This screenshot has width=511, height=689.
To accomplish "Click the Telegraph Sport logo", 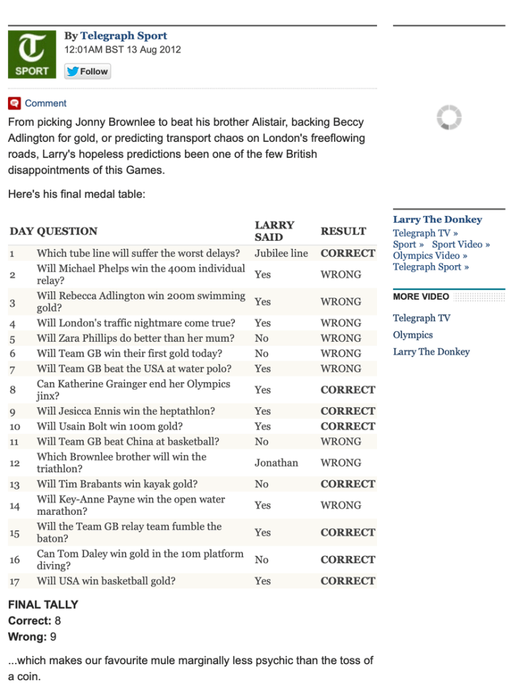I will tap(32, 54).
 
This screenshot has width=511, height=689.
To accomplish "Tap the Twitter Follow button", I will tap(88, 71).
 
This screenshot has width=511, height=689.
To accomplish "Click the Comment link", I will tap(45, 103).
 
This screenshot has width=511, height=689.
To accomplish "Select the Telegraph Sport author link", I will tap(123, 36).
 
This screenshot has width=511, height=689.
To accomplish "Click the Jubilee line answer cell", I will tap(281, 254).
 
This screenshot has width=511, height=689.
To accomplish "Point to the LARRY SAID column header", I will tap(274, 231).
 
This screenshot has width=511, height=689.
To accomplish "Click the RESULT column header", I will tap(343, 231).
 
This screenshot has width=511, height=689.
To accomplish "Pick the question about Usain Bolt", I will tap(110, 426).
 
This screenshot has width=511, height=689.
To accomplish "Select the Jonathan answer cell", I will tap(276, 463).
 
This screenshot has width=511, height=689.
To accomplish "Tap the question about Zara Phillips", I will tap(135, 338).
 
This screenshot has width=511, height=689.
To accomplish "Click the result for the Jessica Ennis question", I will tap(347, 411).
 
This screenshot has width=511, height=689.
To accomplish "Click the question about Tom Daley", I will tap(140, 559).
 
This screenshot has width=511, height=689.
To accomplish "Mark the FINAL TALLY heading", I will tap(43, 605).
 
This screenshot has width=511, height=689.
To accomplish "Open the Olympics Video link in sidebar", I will tap(425, 256).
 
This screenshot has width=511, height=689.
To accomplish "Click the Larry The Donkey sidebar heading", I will tap(438, 219).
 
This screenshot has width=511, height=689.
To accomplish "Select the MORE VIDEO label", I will tap(421, 297).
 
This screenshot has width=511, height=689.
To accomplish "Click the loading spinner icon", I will tap(448, 118).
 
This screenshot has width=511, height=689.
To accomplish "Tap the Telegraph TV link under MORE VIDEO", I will tap(421, 318).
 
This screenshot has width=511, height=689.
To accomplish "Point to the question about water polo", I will tap(134, 369).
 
